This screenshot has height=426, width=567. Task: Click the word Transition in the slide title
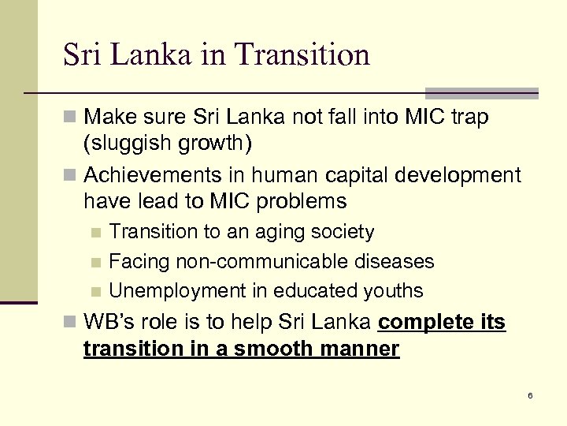coord(302,54)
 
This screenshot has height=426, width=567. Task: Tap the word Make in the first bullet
coord(108,117)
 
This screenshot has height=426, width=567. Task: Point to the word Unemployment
coord(178,290)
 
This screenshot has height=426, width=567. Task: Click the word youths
coord(393,290)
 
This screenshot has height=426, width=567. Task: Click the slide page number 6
coord(530,394)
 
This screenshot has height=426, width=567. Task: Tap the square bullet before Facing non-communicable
coord(95,262)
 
